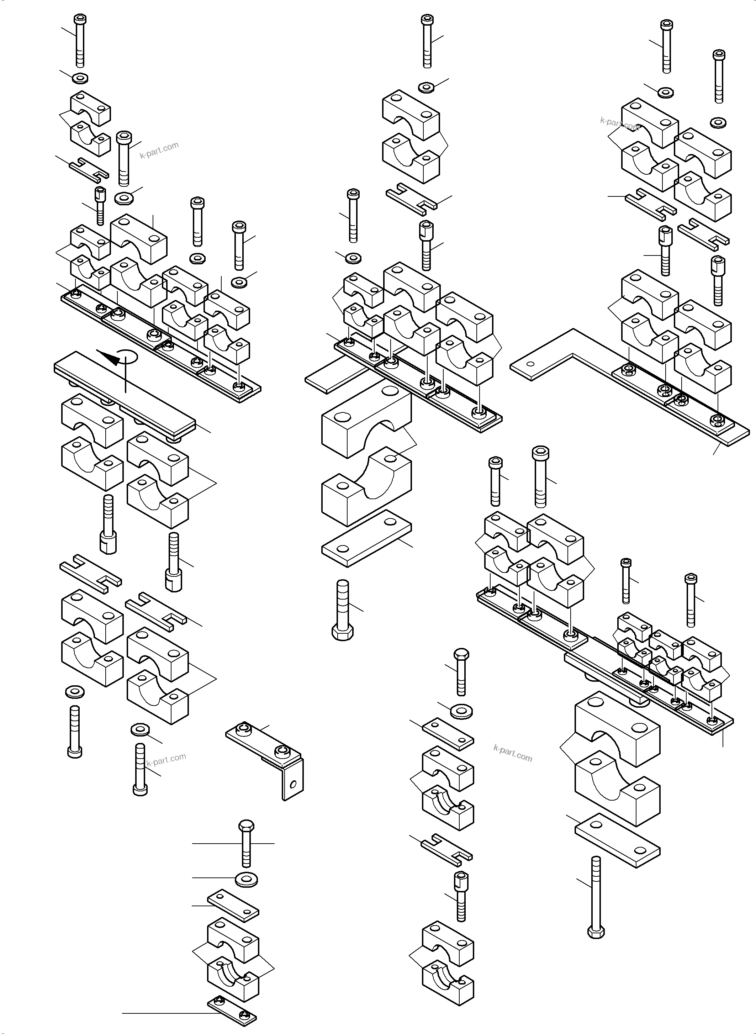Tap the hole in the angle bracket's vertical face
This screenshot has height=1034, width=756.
pyautogui.click(x=294, y=785)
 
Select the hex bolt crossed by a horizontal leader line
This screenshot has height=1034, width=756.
pyautogui.click(x=246, y=843)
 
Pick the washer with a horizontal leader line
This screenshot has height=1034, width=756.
pyautogui.click(x=246, y=879)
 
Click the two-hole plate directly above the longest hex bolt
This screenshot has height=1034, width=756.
pyautogui.click(x=617, y=840)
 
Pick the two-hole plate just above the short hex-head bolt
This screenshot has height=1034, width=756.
pyautogui.click(x=366, y=538)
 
